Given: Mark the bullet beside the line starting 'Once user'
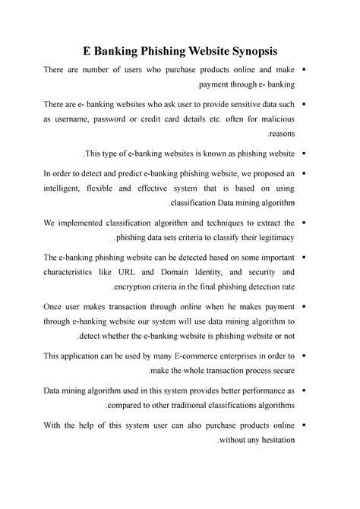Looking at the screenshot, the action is pos(303,307).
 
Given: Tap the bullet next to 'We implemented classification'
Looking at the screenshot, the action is pos(303,222).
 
